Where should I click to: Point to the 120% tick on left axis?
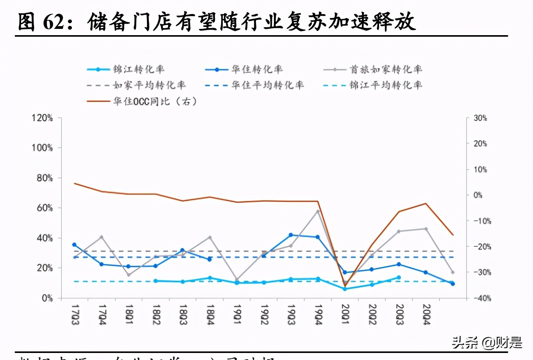coord(42,118)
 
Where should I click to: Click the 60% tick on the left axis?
coord(45,208)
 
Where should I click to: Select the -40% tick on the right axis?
coord(482,298)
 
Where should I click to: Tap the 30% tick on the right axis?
coord(480,118)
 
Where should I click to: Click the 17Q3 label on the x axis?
coord(75,315)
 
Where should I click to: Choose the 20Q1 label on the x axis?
coord(345,315)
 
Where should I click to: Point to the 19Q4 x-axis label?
coord(318,315)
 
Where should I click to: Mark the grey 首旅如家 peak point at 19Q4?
coord(318,211)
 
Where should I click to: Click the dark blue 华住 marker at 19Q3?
coord(291,235)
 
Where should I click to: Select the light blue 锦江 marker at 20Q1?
coord(345,289)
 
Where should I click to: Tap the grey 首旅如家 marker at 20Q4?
coord(426,229)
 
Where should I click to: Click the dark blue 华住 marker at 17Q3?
coord(74,245)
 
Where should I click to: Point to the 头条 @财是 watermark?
coord(487,343)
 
